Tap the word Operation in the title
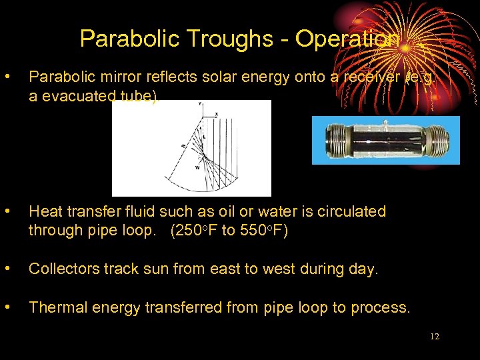click(x=347, y=39)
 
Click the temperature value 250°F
click(x=198, y=231)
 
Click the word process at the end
click(x=381, y=307)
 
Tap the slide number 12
click(x=435, y=337)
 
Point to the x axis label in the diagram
click(x=217, y=115)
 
